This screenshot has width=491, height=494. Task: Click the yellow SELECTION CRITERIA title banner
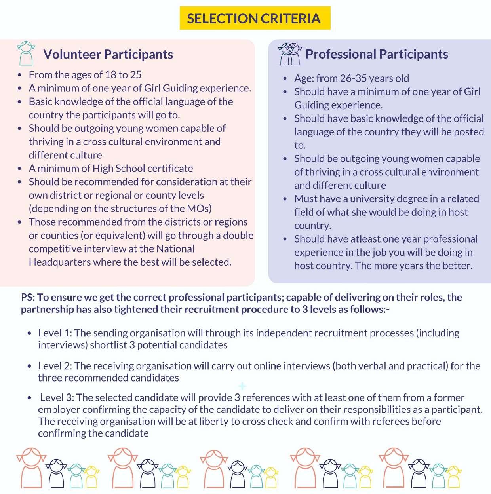(x=254, y=18)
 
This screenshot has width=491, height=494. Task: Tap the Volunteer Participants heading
(x=108, y=54)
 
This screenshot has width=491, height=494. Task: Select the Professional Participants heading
(x=377, y=54)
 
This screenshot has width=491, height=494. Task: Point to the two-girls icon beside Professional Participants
(x=290, y=54)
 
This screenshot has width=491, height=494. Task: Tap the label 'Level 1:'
(x=55, y=333)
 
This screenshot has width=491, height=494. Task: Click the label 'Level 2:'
(x=55, y=366)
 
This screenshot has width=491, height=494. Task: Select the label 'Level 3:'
(x=57, y=398)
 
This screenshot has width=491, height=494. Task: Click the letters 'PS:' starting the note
(x=28, y=297)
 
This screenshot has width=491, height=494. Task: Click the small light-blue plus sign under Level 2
(x=242, y=386)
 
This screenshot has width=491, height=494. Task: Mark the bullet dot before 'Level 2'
(x=29, y=367)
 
